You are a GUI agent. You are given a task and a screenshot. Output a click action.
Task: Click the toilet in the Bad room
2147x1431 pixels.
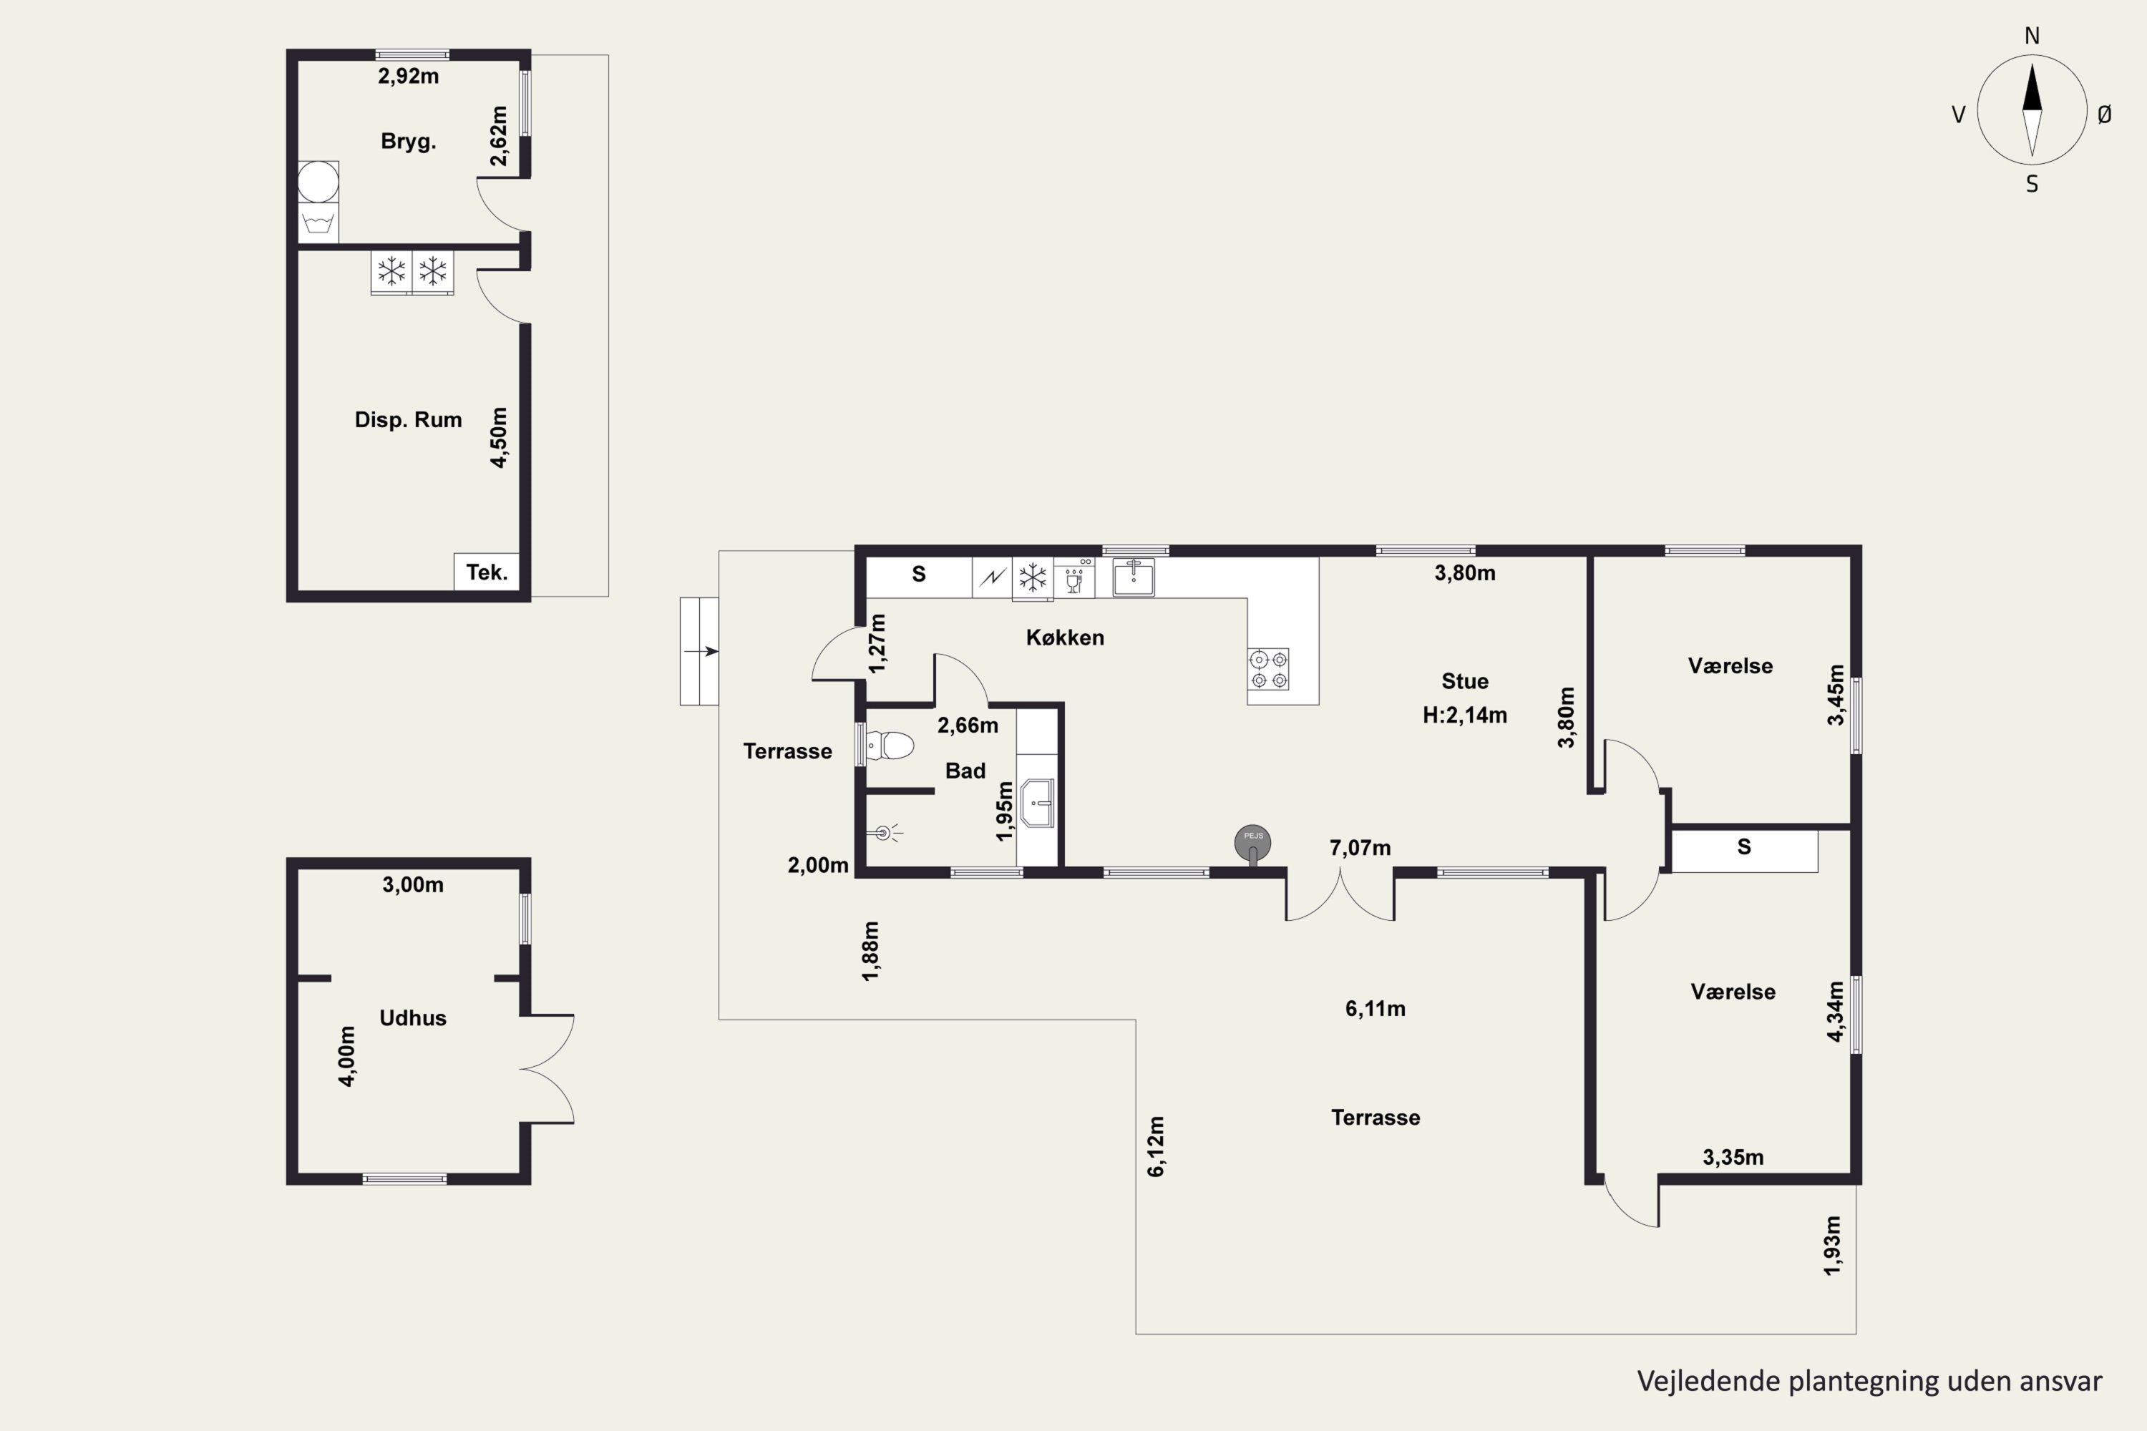pyautogui.click(x=889, y=746)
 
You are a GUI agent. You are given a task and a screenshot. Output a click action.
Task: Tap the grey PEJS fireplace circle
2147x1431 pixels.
pyautogui.click(x=1252, y=842)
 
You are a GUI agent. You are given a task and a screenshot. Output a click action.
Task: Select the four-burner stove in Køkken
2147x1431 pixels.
pyautogui.click(x=1269, y=669)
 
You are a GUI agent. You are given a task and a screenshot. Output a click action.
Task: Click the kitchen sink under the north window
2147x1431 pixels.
pyautogui.click(x=1133, y=577)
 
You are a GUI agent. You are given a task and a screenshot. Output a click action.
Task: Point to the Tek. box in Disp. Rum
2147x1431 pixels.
pyautogui.click(x=487, y=572)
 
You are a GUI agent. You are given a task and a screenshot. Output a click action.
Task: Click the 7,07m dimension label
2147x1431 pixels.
pyautogui.click(x=1360, y=848)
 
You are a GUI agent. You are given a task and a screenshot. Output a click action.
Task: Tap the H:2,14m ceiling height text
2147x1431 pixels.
pyautogui.click(x=1464, y=715)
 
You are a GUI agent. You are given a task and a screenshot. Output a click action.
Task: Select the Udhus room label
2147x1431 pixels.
pyautogui.click(x=413, y=1017)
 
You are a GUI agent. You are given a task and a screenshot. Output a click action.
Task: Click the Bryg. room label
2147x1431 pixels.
pyautogui.click(x=408, y=142)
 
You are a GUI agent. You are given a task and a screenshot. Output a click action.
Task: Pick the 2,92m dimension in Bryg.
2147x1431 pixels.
pyautogui.click(x=408, y=77)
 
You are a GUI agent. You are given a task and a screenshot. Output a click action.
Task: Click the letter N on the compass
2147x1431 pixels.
pyautogui.click(x=2032, y=36)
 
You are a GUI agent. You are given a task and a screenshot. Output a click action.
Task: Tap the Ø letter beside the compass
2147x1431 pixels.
pyautogui.click(x=2105, y=114)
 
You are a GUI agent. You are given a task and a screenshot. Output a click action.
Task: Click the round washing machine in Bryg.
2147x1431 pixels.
pyautogui.click(x=318, y=182)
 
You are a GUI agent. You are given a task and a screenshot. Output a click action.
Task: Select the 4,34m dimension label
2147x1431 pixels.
pyautogui.click(x=1835, y=1010)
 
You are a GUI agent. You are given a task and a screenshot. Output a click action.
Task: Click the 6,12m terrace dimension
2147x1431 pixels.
pyautogui.click(x=1156, y=1146)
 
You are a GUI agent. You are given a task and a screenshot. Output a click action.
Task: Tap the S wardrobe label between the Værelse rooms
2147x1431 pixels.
pyautogui.click(x=1743, y=847)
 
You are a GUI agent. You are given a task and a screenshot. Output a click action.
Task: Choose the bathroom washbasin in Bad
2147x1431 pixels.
pyautogui.click(x=1037, y=803)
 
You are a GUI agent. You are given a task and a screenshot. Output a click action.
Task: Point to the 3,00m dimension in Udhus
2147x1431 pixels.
pyautogui.click(x=413, y=884)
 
